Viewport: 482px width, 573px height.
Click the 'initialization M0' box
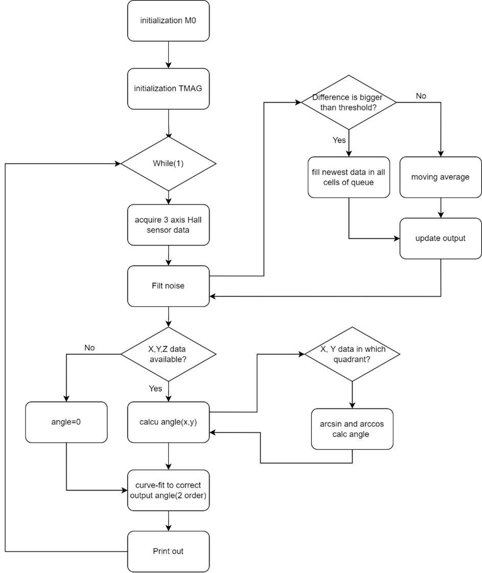[x=168, y=20]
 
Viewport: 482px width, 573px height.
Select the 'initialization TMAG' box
[x=168, y=88]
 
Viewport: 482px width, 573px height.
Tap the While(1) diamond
[x=168, y=164]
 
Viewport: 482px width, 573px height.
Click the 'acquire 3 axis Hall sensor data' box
[x=168, y=225]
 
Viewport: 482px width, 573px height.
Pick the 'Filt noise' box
[x=168, y=286]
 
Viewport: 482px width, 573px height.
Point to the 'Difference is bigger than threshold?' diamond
[x=349, y=102]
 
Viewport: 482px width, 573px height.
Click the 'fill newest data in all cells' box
[x=349, y=177]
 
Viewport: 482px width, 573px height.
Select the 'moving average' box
[x=440, y=177]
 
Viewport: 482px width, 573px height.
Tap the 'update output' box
[x=440, y=238]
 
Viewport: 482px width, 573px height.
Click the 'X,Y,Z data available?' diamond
[x=168, y=353]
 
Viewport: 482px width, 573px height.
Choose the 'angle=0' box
[x=66, y=422]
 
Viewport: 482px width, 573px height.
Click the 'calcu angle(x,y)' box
[x=168, y=422]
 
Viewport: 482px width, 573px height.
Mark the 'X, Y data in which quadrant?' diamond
[x=352, y=353]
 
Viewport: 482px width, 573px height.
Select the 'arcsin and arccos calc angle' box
[x=352, y=428]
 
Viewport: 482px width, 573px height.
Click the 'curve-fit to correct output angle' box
[x=168, y=490]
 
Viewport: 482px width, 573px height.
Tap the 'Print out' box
[x=168, y=551]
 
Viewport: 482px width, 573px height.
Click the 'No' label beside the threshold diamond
[x=421, y=96]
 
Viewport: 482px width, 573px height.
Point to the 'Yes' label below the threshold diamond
[x=339, y=140]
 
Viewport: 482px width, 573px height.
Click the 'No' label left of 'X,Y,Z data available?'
[x=90, y=347]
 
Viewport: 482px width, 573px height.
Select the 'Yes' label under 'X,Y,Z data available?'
[x=155, y=388]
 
